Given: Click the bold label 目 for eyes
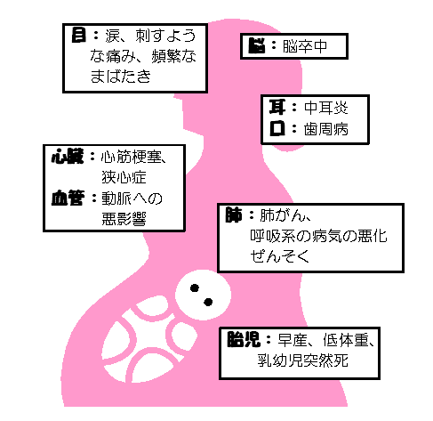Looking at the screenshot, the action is click(78, 36).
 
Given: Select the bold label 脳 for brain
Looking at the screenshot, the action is click(257, 46).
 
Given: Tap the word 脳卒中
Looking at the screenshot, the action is click(305, 46).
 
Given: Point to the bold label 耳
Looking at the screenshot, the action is click(277, 107).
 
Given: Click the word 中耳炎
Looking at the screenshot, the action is click(326, 108).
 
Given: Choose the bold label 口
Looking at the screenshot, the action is click(277, 129).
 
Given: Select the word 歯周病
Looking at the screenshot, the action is click(326, 129).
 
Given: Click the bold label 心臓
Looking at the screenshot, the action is click(68, 157).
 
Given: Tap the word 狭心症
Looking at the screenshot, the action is click(124, 177).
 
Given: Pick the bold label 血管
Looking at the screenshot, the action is click(68, 198).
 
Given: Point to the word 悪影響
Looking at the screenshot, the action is click(124, 219).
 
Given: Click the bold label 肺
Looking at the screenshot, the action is click(234, 215).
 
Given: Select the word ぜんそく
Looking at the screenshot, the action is click(280, 256).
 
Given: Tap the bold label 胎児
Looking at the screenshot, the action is click(244, 339).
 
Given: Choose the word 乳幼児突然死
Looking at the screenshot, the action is click(302, 360).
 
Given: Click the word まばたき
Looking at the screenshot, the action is click(121, 77).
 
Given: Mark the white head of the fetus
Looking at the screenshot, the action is click(203, 295).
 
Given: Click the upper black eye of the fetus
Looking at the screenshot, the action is click(195, 288).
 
